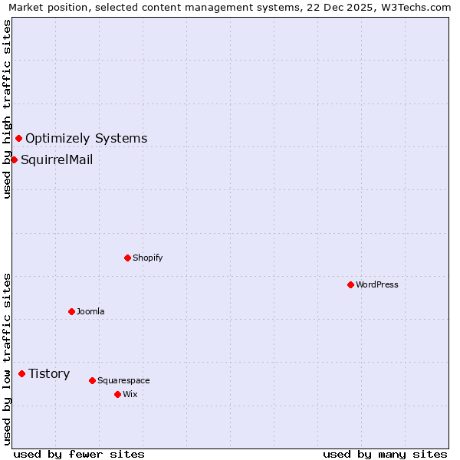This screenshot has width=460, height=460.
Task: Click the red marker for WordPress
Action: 350,284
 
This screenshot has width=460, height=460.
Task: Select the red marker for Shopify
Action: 127,258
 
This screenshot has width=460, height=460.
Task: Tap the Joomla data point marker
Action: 71,311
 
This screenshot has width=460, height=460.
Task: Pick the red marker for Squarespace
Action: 92,380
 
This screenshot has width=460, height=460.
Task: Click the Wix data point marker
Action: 117,394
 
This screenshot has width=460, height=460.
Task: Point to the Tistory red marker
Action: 21,373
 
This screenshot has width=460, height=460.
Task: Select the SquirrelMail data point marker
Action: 14,159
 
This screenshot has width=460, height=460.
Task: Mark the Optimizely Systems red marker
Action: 18,138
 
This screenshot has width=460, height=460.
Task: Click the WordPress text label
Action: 377,284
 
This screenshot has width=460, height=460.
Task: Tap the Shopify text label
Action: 148,258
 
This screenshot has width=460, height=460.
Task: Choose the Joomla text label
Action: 90,311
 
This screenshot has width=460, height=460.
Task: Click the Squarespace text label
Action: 123,380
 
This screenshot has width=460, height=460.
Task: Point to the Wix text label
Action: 130,394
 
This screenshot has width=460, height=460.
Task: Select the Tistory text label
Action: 49,373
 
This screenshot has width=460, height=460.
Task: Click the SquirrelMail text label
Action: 57,159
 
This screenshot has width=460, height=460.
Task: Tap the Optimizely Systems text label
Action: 87,138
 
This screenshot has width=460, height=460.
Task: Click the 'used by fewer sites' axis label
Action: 79,454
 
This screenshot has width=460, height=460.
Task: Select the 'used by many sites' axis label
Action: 385,454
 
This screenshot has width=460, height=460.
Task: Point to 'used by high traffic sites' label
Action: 7,109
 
